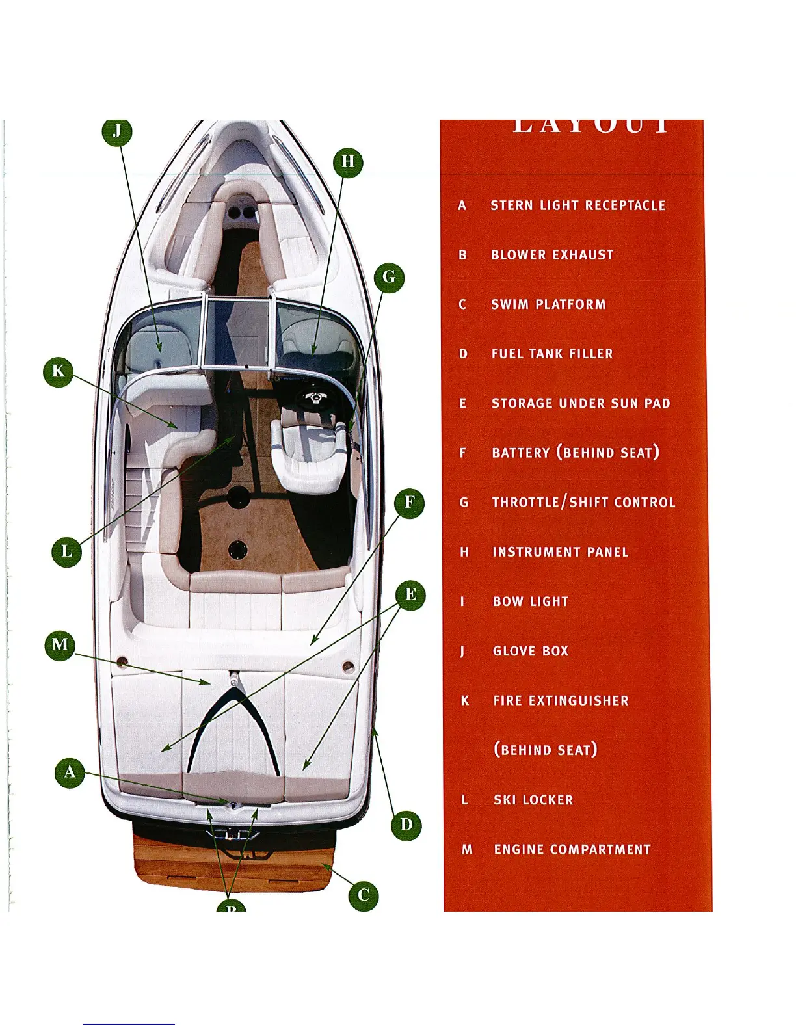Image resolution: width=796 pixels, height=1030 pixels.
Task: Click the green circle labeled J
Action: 117,131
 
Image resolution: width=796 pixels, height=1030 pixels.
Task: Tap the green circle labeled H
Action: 348,161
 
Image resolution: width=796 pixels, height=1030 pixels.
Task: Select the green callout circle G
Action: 389,277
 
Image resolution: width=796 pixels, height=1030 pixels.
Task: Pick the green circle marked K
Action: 59,372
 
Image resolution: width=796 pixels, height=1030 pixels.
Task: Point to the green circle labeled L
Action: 67,552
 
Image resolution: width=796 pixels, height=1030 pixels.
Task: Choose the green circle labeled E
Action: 410,595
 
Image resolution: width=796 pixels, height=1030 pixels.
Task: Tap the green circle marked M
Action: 60,645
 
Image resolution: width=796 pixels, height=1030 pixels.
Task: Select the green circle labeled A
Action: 70,773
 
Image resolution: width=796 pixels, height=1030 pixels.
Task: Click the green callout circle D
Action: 406,825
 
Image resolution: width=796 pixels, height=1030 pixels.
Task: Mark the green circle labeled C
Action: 364,895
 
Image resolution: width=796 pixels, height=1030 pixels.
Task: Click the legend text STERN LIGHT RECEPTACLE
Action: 578,205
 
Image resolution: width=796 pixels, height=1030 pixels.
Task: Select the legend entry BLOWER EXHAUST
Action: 552,255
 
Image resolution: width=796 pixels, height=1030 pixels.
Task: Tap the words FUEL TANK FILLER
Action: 552,354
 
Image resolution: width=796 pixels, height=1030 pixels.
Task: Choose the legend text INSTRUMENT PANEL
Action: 561,552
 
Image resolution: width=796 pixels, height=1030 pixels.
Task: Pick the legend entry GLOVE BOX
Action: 531,651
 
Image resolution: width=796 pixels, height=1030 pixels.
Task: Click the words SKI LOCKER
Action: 533,800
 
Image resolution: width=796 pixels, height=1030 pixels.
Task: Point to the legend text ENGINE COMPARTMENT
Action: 572,849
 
